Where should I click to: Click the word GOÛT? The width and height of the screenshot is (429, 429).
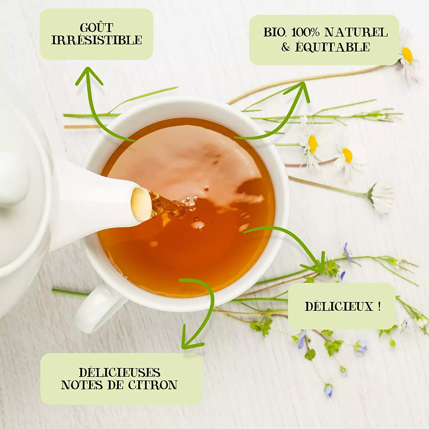(x=97, y=27)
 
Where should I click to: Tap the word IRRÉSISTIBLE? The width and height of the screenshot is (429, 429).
(x=97, y=40)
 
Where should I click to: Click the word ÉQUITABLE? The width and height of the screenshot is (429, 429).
(x=332, y=47)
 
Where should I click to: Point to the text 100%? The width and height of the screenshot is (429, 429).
(x=305, y=32)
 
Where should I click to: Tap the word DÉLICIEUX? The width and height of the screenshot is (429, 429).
(x=339, y=307)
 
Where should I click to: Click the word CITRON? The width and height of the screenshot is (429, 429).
(x=153, y=385)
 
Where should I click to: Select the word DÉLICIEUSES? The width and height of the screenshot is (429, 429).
(x=120, y=372)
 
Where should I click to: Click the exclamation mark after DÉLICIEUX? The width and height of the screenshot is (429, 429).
(x=379, y=307)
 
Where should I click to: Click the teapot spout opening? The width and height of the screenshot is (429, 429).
(x=141, y=204)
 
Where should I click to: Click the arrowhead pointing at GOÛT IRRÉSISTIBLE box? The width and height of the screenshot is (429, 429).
(x=89, y=76)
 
